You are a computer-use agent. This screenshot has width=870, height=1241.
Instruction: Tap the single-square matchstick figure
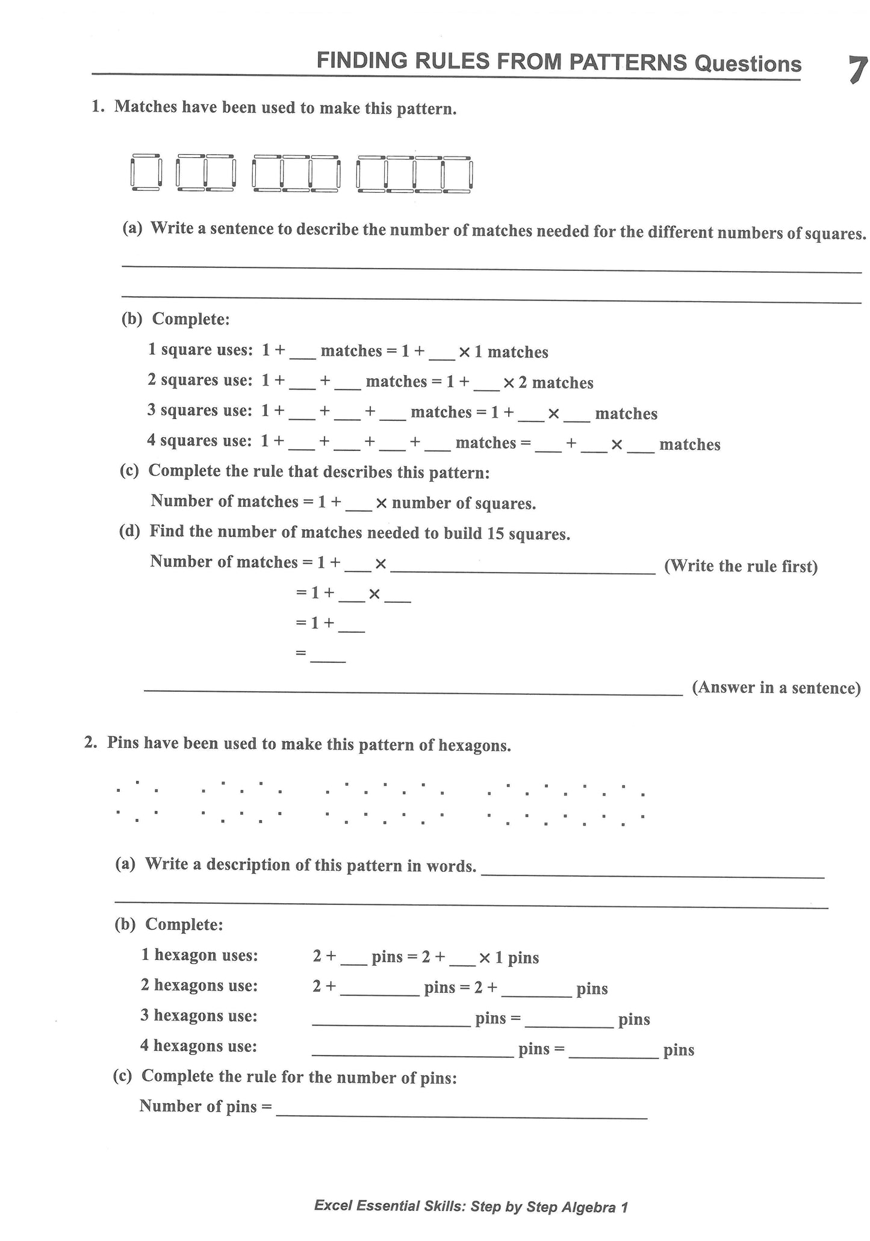click(146, 172)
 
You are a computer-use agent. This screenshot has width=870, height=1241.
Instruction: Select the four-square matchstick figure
click(414, 173)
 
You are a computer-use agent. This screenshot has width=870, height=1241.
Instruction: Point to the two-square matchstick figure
click(205, 173)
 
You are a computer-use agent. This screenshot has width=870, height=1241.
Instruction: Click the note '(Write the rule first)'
click(741, 566)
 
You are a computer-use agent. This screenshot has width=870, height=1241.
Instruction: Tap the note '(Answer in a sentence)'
click(775, 688)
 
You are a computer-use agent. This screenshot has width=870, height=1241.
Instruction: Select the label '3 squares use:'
click(199, 411)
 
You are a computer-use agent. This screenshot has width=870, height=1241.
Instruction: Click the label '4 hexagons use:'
click(199, 1045)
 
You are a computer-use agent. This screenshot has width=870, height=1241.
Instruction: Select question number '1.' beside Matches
click(98, 107)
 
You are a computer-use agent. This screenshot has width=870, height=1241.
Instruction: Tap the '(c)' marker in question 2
click(122, 1076)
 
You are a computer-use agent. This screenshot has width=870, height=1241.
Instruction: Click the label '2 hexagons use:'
click(199, 985)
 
